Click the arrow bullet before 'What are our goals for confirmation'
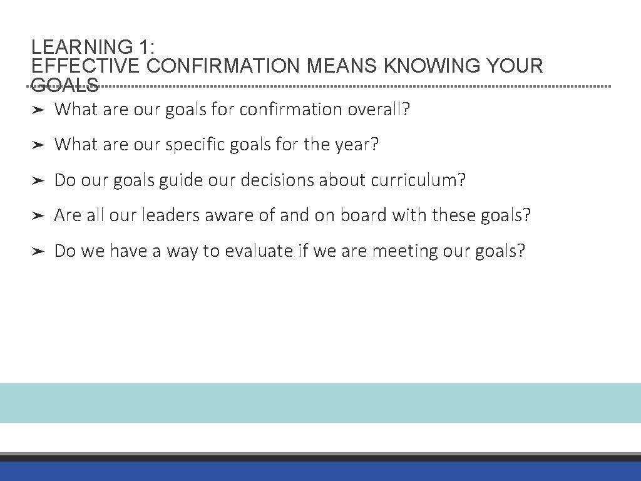(x=38, y=110)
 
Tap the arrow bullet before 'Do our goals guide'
(x=38, y=181)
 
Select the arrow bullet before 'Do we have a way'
(x=38, y=252)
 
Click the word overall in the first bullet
(x=379, y=110)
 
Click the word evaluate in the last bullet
(x=259, y=251)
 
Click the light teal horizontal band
(x=320, y=403)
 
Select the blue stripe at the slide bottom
(x=320, y=472)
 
